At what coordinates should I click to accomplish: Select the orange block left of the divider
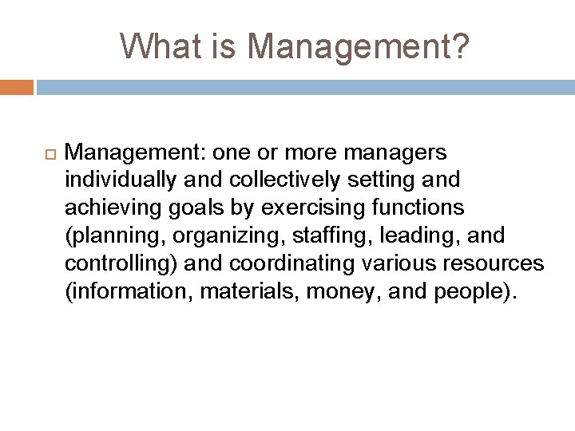tap(16, 85)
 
